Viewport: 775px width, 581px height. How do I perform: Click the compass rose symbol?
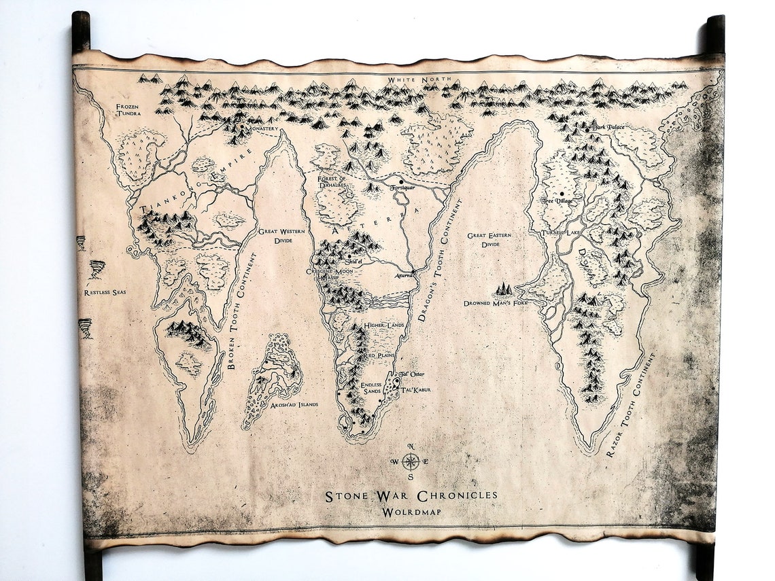click(410, 461)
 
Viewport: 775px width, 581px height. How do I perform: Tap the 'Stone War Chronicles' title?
click(411, 495)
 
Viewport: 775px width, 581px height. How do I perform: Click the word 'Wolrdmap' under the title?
click(411, 511)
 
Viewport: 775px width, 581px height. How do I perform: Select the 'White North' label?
click(413, 80)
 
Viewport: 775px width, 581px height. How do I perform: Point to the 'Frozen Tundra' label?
click(128, 110)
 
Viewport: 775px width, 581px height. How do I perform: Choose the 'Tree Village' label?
click(557, 202)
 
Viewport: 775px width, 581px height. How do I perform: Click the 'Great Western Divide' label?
click(281, 236)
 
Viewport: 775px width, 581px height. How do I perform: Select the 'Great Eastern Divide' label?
click(489, 239)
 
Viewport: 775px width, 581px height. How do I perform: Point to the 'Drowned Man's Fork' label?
click(495, 302)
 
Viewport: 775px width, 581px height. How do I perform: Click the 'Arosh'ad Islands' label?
click(294, 404)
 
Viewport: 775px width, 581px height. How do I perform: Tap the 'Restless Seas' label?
click(105, 293)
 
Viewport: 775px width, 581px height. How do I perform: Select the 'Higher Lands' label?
click(384, 325)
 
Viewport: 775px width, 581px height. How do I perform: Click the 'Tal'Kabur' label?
click(417, 389)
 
